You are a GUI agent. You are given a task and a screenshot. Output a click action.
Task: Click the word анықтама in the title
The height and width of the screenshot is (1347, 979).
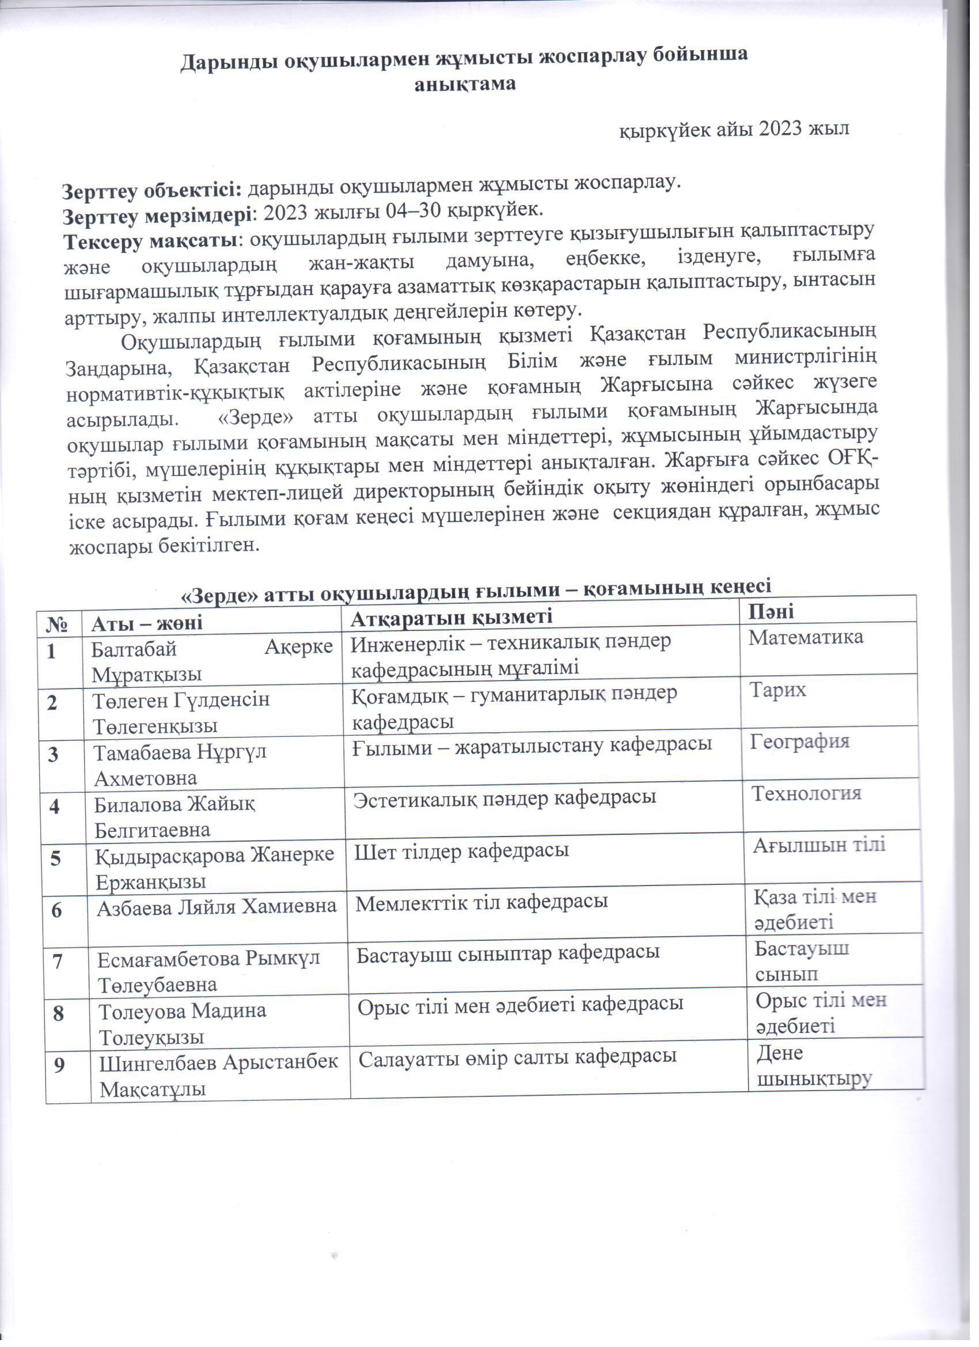coord(464,84)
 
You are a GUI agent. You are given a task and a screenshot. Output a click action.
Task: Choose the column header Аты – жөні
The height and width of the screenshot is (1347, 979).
coord(147,622)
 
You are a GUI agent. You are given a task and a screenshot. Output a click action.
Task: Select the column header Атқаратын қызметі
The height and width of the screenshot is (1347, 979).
coord(451,617)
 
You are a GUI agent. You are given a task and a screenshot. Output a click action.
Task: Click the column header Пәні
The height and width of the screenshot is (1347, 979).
coord(771,611)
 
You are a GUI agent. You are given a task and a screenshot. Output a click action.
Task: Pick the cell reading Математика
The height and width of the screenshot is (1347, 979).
coord(806,638)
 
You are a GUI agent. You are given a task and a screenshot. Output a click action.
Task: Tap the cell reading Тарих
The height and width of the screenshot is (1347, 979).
coord(778,690)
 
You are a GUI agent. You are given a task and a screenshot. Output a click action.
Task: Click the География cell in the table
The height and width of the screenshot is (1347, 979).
coord(800,741)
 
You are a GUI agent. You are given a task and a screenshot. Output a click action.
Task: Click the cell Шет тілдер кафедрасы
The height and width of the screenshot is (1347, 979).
coord(462,850)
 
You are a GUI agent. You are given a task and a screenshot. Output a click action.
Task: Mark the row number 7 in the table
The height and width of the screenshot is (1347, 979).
coord(58,961)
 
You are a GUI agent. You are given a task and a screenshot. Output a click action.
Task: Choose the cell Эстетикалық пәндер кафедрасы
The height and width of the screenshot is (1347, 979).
coord(504,797)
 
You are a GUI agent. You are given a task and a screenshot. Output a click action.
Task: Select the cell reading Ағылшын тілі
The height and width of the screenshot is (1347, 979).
coord(819,845)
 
